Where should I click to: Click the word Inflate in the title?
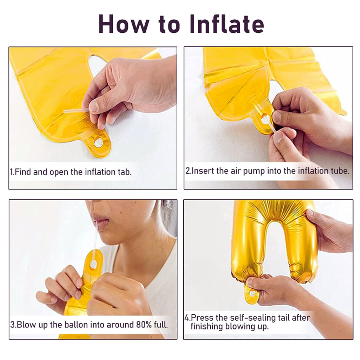(227, 24)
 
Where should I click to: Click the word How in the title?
(124, 24)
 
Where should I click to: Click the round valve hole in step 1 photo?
(99, 143)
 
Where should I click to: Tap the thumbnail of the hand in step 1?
(94, 106)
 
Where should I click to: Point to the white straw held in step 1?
(76, 111)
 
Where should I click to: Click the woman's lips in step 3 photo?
(101, 220)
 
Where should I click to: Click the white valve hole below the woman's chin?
(94, 265)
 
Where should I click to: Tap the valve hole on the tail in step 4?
(252, 293)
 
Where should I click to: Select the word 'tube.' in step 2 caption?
(340, 171)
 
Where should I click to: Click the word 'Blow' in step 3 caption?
(25, 325)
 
